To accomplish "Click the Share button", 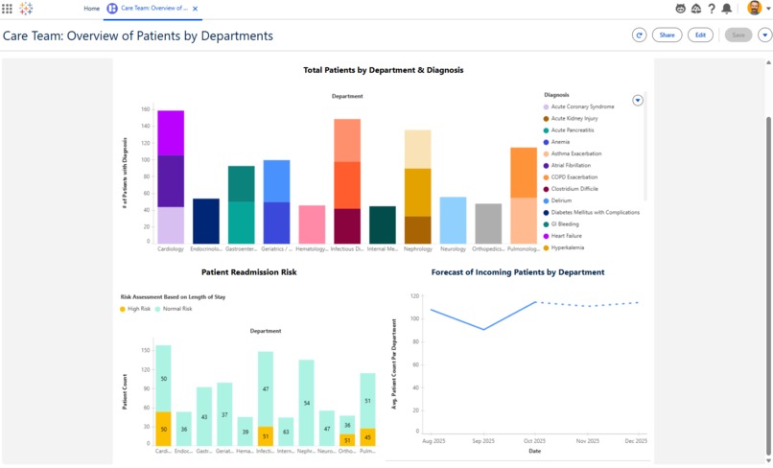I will pyautogui.click(x=667, y=35).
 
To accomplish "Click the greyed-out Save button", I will pyautogui.click(x=738, y=35).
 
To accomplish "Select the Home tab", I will pyautogui.click(x=91, y=9).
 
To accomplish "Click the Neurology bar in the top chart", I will pyautogui.click(x=453, y=221).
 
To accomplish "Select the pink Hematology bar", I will pyautogui.click(x=312, y=224).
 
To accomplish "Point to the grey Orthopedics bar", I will pyautogui.click(x=488, y=223).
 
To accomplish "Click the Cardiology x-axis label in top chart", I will pyautogui.click(x=171, y=248).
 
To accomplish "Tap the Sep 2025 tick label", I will pyautogui.click(x=483, y=441).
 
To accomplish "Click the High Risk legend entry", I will pyautogui.click(x=135, y=309).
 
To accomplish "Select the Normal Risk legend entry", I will pyautogui.click(x=176, y=309).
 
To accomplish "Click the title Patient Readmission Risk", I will pyautogui.click(x=249, y=272).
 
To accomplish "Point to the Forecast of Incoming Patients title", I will pyautogui.click(x=518, y=272).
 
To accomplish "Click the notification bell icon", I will pyautogui.click(x=726, y=9).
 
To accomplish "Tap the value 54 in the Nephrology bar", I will pyautogui.click(x=306, y=403).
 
